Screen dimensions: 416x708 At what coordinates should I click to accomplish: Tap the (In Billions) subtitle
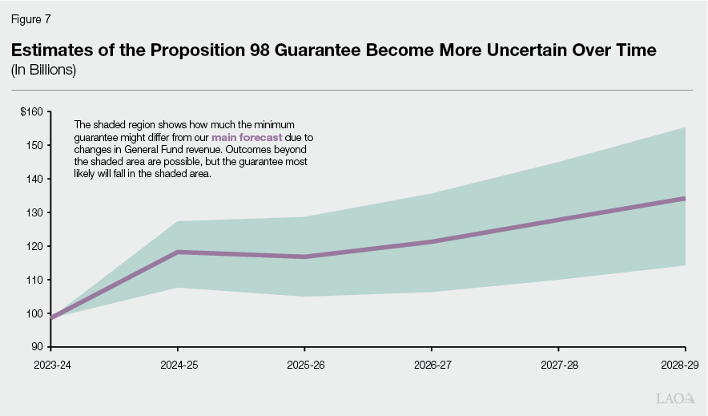pos(43,70)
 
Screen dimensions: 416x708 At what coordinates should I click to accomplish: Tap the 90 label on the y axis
pos(38,347)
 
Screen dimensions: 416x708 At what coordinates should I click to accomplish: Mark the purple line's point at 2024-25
pos(177,252)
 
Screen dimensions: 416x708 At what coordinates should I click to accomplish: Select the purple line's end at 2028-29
pos(684,198)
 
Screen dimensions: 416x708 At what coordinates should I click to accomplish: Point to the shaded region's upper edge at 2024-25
pos(177,221)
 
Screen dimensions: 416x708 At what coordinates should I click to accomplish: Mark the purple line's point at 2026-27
pos(431,241)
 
